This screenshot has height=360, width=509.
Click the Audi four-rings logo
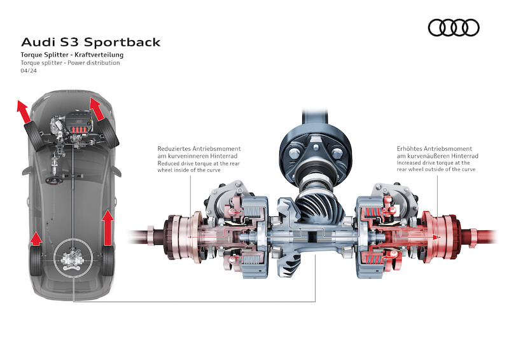pyautogui.click(x=454, y=27)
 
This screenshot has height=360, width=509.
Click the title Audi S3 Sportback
pyautogui.click(x=91, y=43)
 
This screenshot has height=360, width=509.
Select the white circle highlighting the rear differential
pyautogui.click(x=73, y=259)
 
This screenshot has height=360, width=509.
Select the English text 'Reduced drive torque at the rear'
pyautogui.click(x=199, y=163)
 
